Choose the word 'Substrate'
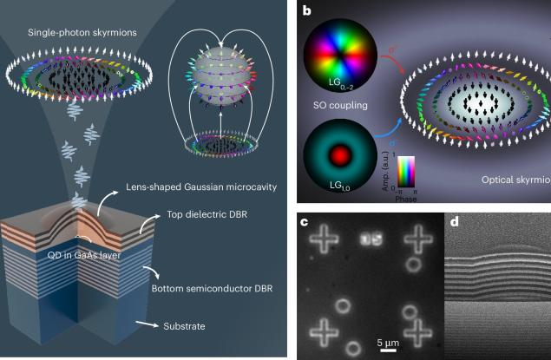[x=187, y=329]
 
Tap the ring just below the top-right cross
[x=415, y=263]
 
